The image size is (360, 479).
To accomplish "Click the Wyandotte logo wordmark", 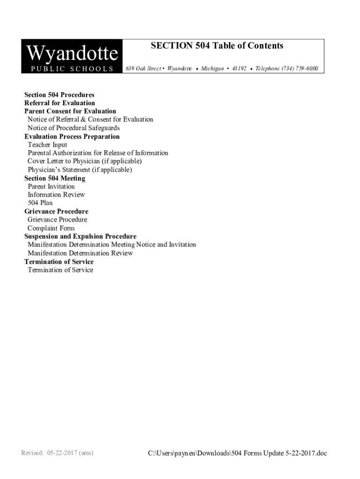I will point(72,54).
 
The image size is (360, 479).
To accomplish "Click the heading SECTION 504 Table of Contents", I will point(217,46).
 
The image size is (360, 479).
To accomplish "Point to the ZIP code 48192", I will point(239,69).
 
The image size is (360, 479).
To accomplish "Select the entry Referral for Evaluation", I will point(59,103).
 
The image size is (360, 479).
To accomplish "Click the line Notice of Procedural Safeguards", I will point(73,128).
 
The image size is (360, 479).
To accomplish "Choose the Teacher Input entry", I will point(47,145).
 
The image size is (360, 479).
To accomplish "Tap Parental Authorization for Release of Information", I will point(98,153).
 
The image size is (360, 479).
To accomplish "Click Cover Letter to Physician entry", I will point(84,161).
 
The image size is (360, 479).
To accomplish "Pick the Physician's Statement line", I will point(79,170).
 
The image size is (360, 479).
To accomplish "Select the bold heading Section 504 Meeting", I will point(55,178).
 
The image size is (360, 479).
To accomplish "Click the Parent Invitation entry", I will point(51,187).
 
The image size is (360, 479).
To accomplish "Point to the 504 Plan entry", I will point(40,203).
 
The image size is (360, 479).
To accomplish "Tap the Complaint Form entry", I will point(51,228).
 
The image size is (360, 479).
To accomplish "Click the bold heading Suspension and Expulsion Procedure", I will point(80,237).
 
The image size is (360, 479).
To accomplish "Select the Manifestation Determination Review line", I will point(80,253).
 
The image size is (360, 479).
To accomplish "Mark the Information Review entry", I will point(56,195).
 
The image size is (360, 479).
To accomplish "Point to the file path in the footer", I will point(238,453).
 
